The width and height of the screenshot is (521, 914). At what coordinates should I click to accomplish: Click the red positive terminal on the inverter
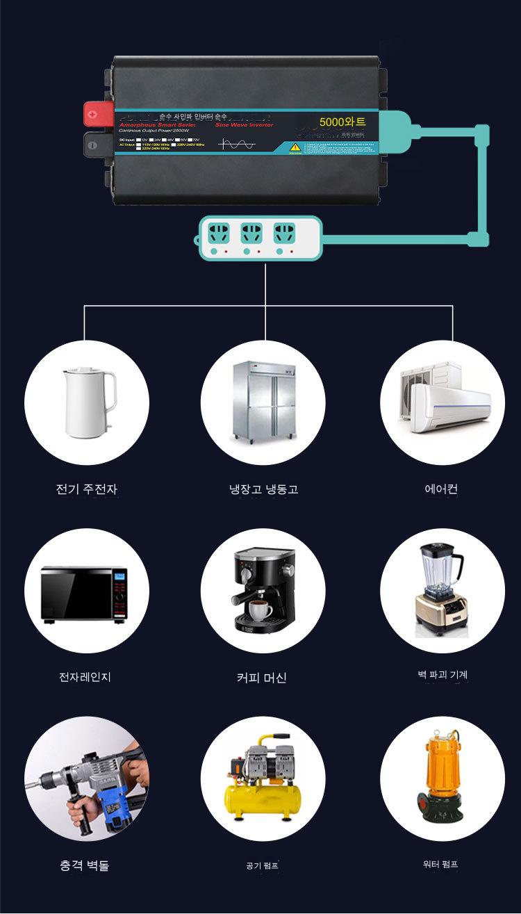coord(92,111)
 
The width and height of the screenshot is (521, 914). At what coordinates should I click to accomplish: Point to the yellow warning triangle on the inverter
coord(295,147)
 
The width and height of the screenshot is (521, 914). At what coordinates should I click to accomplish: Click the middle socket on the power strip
coord(251,232)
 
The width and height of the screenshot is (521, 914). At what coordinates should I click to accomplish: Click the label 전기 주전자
coord(87,489)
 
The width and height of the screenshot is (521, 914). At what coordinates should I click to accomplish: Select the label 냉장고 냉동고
coord(263,489)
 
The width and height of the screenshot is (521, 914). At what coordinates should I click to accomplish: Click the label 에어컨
coord(441,489)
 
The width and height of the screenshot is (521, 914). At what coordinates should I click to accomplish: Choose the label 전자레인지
coord(85,677)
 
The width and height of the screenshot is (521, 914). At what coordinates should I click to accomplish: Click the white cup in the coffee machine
coord(260,610)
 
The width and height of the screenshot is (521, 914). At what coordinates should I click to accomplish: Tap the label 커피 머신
coord(262,678)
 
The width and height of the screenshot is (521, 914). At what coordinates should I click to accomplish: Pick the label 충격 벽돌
coord(84,865)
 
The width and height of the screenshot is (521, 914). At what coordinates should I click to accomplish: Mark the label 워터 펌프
coord(440,864)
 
